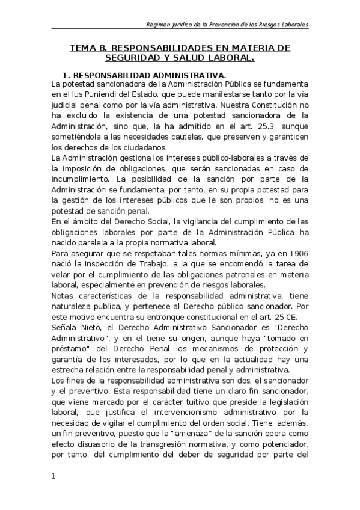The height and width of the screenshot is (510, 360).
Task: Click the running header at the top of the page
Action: pos(228,25)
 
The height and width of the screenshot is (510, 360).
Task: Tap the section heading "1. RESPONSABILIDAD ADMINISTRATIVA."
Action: pos(144,75)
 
